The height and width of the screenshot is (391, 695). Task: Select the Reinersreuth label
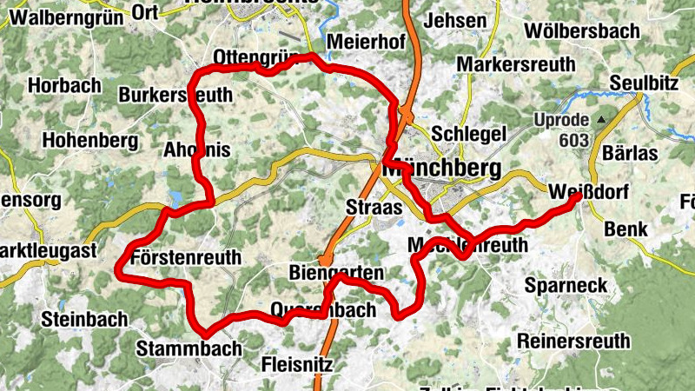(x=573, y=341)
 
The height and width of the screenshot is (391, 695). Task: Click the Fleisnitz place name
(x=297, y=364)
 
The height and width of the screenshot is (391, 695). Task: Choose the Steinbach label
(x=83, y=319)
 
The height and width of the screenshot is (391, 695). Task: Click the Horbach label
(x=60, y=86)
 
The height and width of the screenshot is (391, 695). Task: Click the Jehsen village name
(x=457, y=20)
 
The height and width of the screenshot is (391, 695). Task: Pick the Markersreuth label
(x=516, y=65)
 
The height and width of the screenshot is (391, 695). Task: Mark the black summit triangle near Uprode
(x=599, y=119)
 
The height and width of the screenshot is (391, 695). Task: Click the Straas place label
(x=374, y=207)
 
